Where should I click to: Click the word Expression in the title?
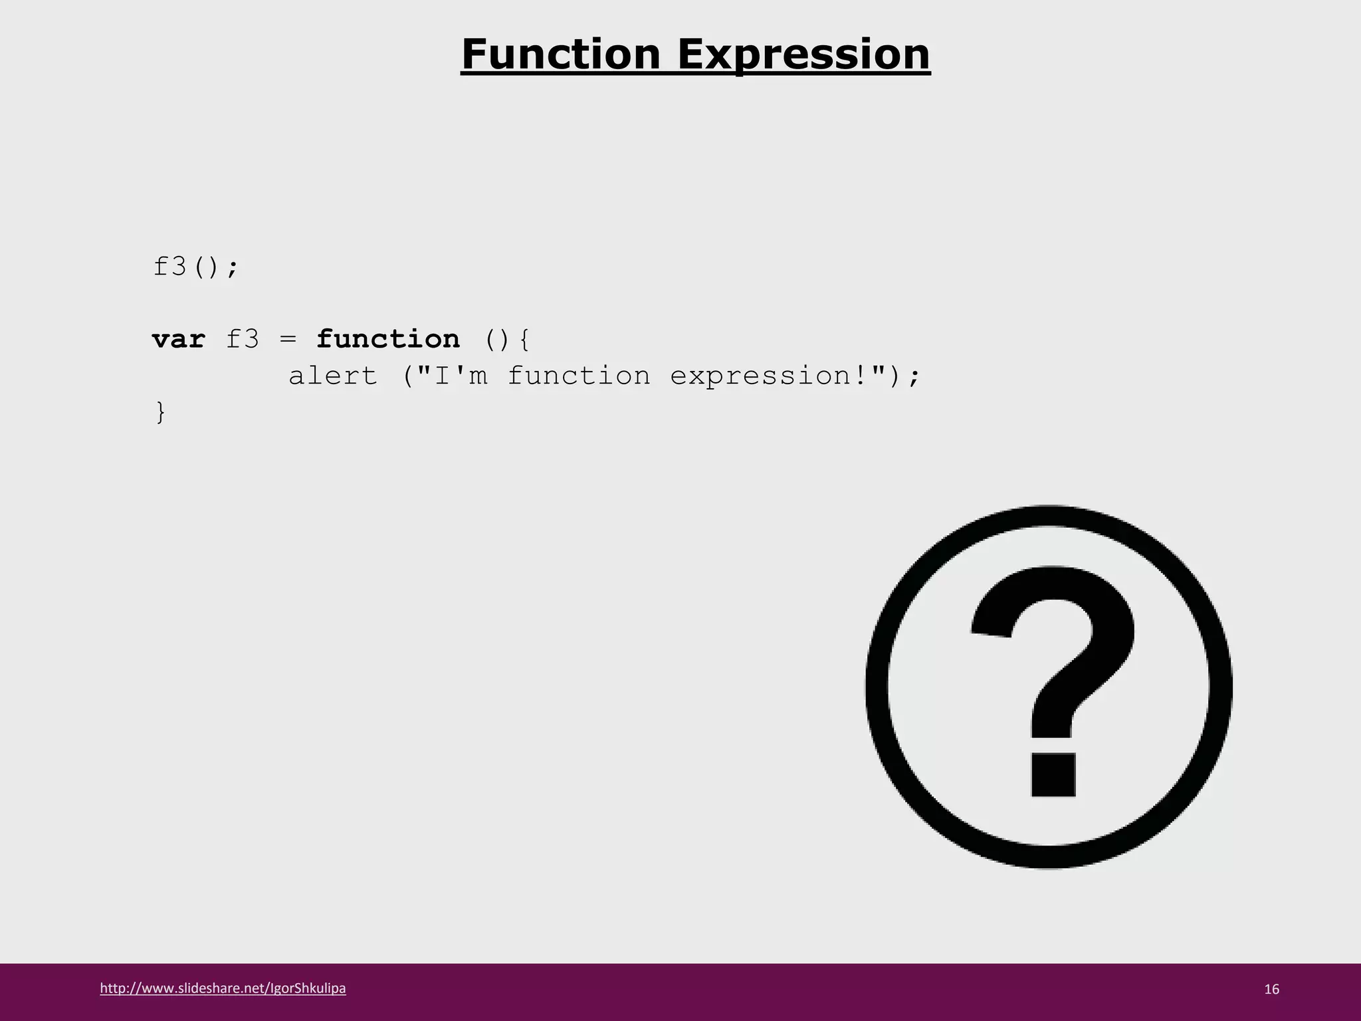click(803, 55)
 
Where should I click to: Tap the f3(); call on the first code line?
click(195, 267)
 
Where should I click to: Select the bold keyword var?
click(178, 340)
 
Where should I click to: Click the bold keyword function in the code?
click(387, 339)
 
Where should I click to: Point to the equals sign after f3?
click(287, 340)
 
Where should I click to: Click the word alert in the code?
click(333, 376)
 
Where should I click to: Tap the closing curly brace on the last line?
click(160, 412)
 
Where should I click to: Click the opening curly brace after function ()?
click(524, 340)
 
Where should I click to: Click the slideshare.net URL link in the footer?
click(223, 988)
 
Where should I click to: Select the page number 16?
click(1271, 989)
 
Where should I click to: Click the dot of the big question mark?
click(1053, 774)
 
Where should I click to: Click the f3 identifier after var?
click(242, 340)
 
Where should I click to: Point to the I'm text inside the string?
click(461, 376)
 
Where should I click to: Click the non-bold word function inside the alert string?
click(579, 376)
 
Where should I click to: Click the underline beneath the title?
click(695, 75)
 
